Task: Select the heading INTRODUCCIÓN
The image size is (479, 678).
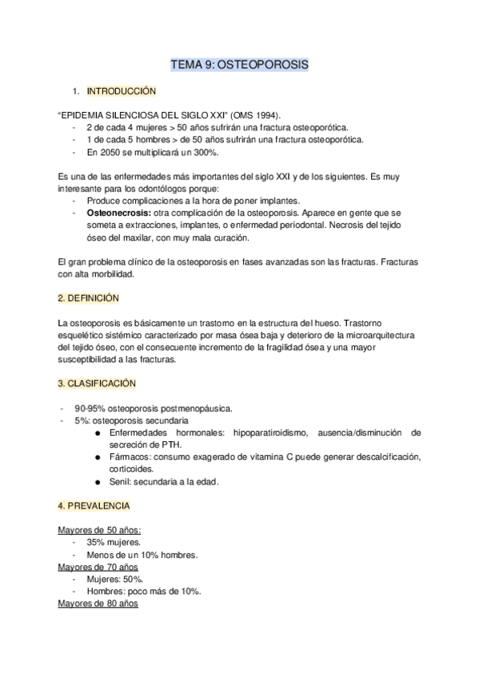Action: tap(121, 91)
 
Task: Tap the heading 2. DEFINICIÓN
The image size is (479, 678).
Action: tap(88, 297)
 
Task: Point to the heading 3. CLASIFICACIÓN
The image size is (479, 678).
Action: tap(97, 384)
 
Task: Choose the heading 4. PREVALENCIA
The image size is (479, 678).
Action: tap(94, 506)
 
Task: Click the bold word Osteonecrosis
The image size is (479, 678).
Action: tap(116, 214)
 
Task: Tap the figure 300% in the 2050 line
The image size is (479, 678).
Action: tap(205, 152)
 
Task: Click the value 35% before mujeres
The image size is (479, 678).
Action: tap(98, 542)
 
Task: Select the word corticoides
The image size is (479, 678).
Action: tap(134, 469)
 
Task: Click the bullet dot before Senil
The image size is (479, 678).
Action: tap(97, 482)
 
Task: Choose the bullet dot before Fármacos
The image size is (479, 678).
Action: tap(97, 457)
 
